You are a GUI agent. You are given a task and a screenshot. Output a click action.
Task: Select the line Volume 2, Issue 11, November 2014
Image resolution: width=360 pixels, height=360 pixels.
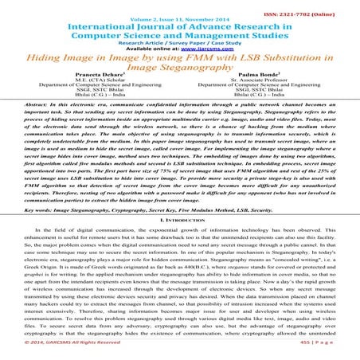click(180, 15)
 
